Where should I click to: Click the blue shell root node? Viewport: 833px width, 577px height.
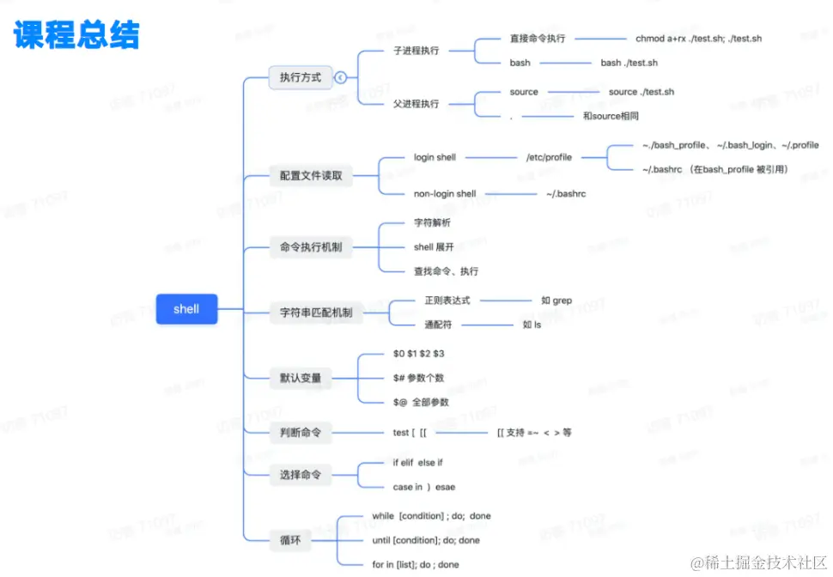[186, 309]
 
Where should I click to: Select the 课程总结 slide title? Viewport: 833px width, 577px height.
[76, 35]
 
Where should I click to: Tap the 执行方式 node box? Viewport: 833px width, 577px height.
[300, 77]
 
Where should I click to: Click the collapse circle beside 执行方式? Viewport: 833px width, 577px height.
[341, 77]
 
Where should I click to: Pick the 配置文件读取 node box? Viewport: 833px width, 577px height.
[310, 175]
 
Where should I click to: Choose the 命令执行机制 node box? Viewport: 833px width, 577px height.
[310, 247]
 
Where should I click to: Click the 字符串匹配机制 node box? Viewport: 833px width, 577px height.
[315, 313]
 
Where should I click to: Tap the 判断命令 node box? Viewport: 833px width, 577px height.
[300, 433]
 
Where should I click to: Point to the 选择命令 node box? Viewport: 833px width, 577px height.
[300, 474]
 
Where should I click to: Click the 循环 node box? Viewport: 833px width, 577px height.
[289, 540]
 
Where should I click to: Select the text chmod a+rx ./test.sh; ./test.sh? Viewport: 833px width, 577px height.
[698, 39]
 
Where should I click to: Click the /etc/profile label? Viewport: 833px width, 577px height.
[549, 157]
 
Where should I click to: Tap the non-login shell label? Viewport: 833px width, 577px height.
[445, 194]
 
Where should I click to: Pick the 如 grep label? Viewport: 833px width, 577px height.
[556, 301]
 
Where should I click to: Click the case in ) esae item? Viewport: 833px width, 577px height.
[423, 487]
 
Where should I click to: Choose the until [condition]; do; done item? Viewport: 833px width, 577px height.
[426, 540]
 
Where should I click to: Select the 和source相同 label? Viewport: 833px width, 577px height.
[611, 116]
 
